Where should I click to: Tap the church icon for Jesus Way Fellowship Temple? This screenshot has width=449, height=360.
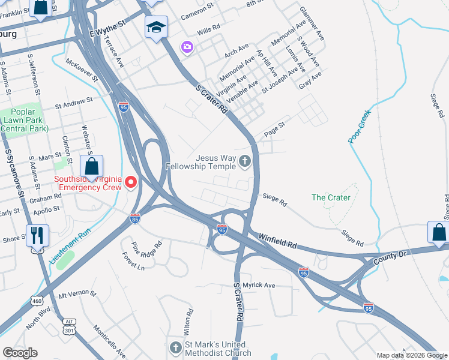point(244,161)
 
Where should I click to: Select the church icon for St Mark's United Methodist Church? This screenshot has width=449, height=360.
point(175,348)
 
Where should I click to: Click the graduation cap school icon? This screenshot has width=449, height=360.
point(156,27)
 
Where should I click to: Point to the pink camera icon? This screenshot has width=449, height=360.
point(187,46)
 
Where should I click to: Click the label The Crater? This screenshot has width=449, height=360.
point(331,197)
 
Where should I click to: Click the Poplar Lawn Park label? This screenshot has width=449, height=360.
point(22,120)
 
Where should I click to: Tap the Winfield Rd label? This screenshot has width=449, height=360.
point(278,241)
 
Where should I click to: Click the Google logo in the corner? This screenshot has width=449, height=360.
point(20,353)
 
